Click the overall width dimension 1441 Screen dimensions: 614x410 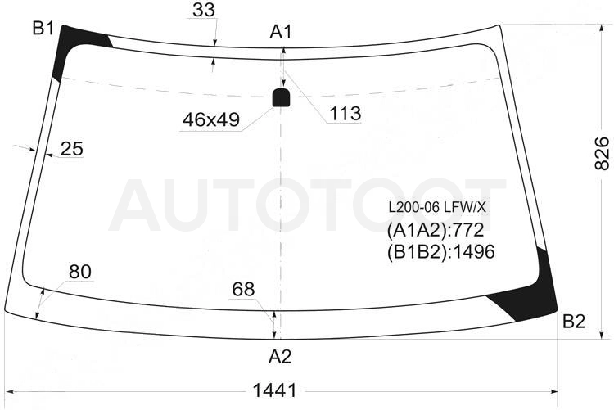274,390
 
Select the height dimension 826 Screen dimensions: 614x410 602,154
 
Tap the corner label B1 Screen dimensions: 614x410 43,28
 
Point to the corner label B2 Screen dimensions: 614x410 574,322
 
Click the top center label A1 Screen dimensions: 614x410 281,32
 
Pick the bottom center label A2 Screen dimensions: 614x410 280,356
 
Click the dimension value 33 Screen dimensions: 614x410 204,10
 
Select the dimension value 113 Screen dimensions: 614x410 345,114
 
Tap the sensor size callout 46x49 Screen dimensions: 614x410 211,119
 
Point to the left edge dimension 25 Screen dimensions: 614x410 72,149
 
